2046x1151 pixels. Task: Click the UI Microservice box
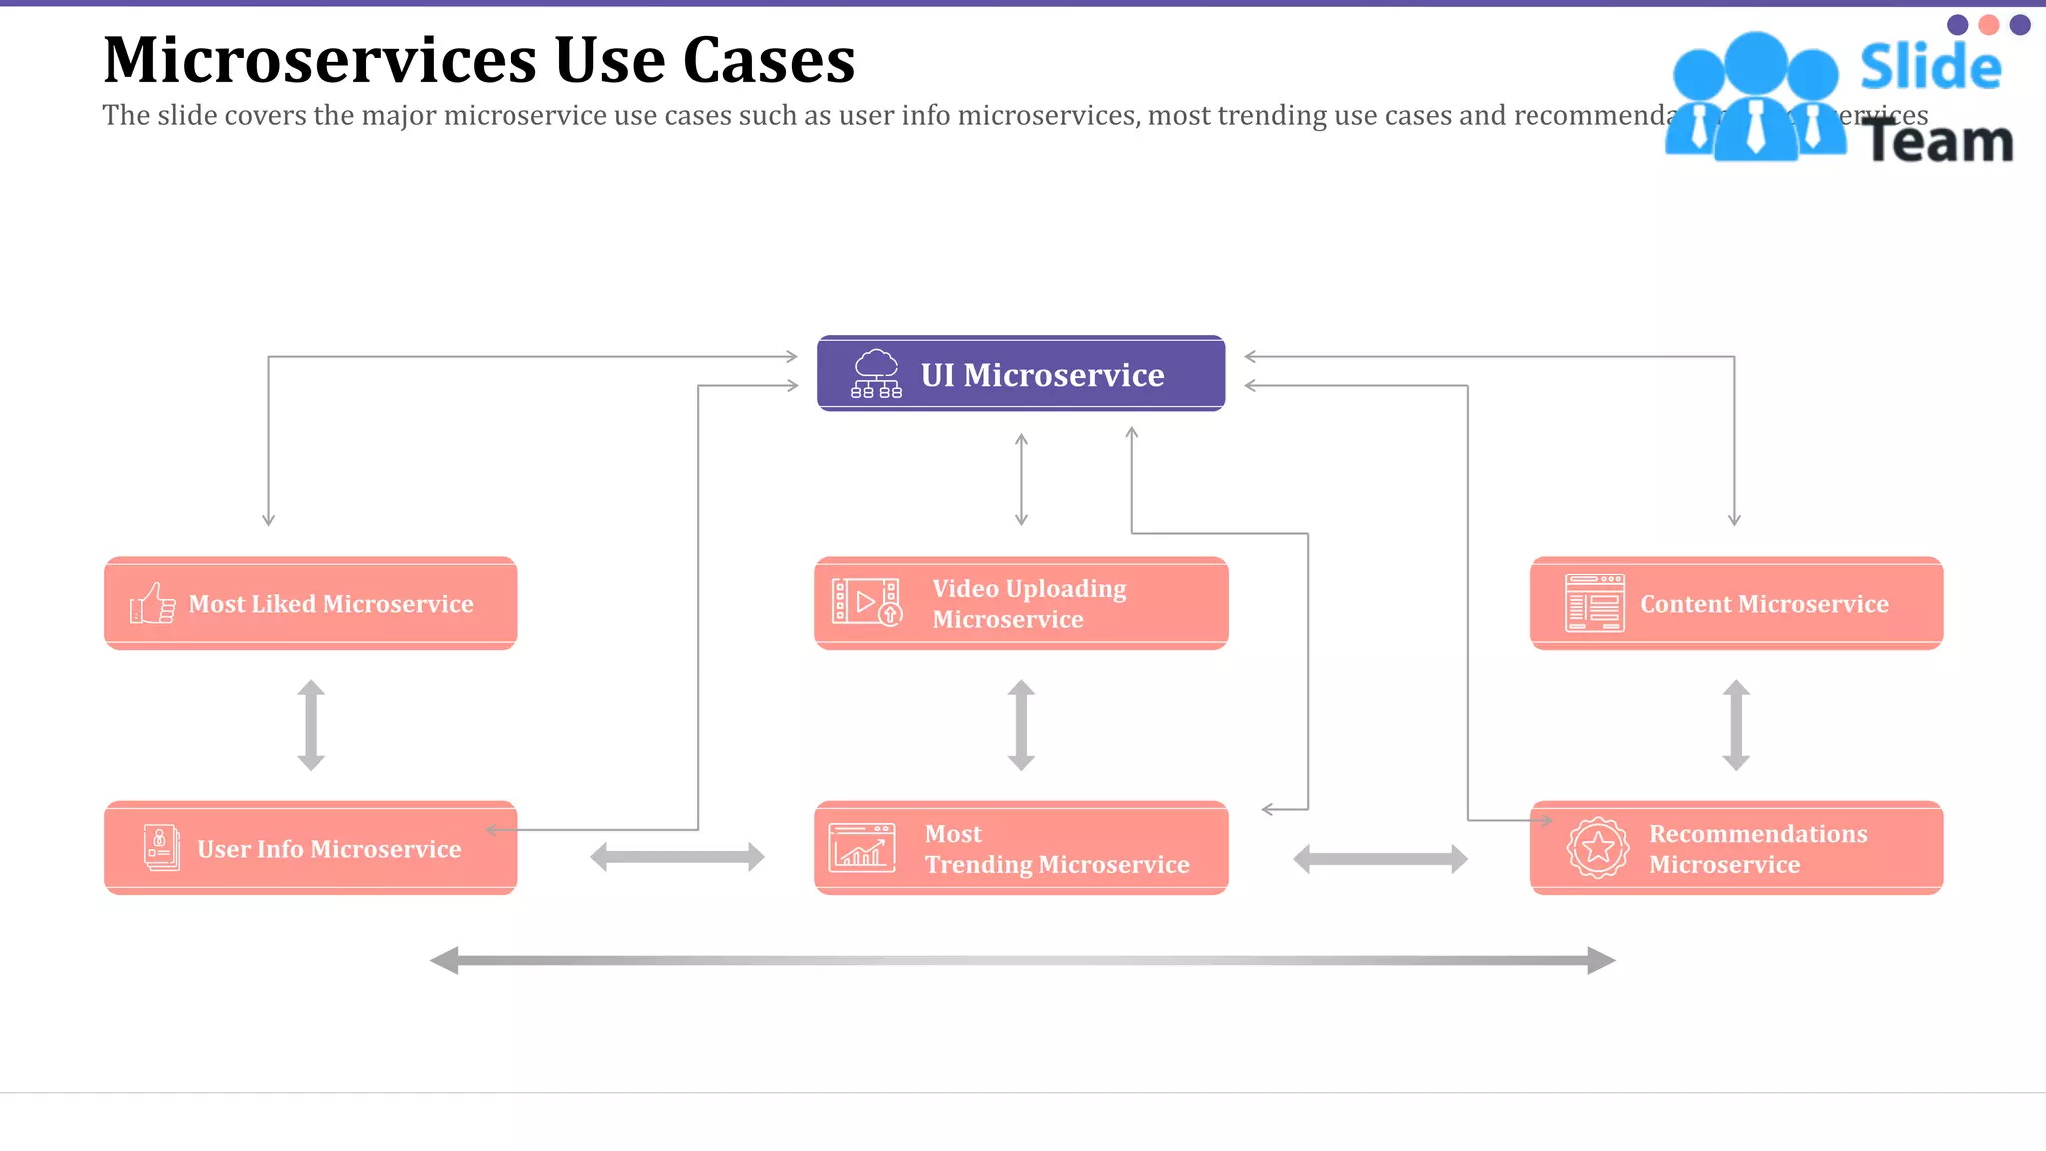(1021, 374)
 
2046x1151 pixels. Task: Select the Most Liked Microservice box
(311, 603)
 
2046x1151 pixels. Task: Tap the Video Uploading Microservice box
(1021, 603)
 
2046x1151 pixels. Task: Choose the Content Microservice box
(1736, 603)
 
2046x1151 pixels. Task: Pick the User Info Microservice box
(311, 848)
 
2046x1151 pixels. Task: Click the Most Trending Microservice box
(1021, 848)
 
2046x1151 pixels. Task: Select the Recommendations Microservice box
(1736, 848)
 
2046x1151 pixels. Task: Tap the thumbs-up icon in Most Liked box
(153, 603)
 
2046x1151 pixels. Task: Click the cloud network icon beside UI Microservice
(876, 374)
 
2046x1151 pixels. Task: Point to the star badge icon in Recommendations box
(1597, 848)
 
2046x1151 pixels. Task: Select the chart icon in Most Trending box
(861, 848)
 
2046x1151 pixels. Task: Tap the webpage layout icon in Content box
(1594, 602)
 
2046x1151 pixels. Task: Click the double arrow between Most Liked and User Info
(311, 725)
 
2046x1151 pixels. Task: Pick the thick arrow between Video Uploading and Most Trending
(1021, 725)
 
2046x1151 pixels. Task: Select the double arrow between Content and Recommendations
(1736, 725)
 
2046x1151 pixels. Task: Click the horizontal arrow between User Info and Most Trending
(677, 857)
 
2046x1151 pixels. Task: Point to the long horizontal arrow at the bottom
(1022, 960)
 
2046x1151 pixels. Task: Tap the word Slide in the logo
(1930, 67)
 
